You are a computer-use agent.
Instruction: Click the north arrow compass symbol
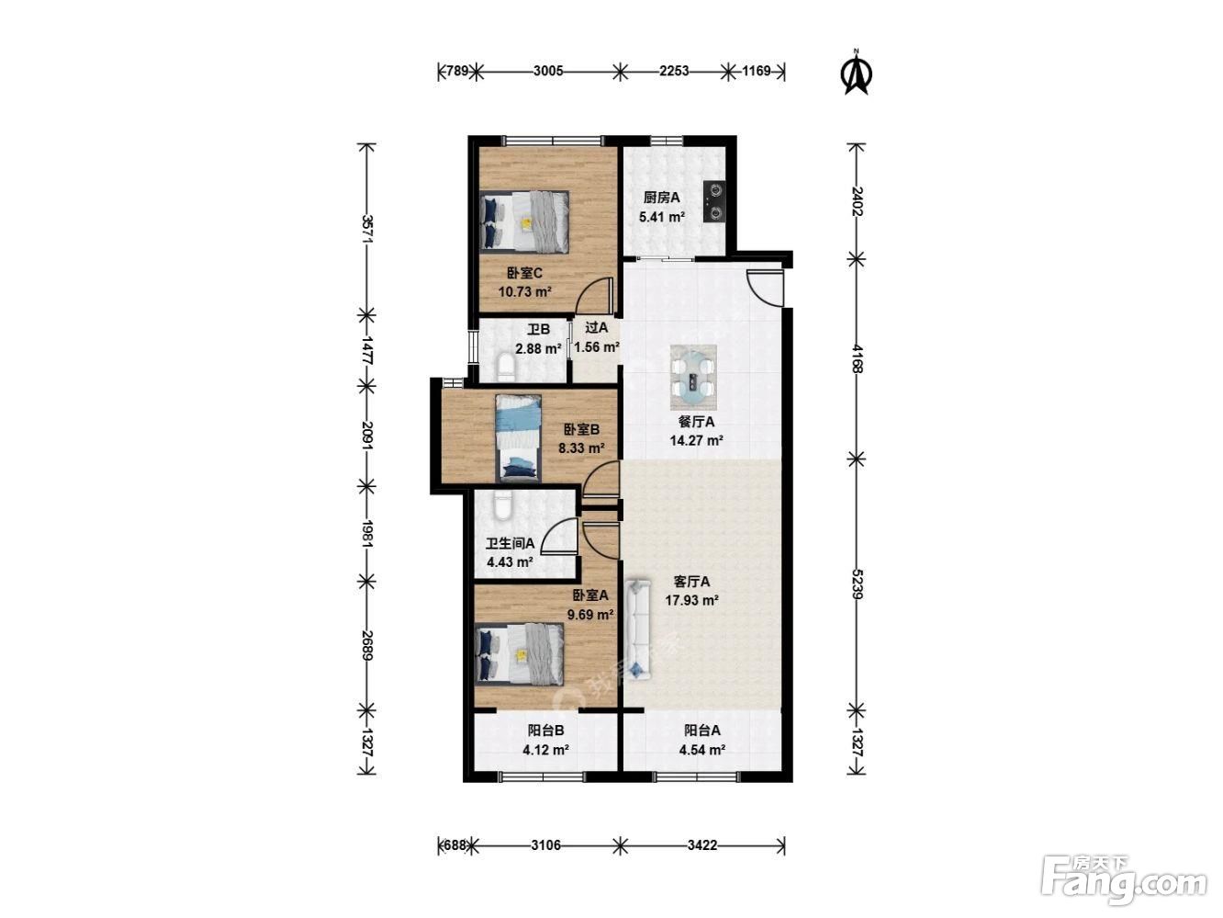857,74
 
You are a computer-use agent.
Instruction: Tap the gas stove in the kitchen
714,202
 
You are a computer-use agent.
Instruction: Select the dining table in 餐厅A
693,378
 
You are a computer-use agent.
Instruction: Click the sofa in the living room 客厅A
638,629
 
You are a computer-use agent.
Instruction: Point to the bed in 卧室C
524,221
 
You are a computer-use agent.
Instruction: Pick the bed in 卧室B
518,438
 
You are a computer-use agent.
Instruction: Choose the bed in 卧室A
519,653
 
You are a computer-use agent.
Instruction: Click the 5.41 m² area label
661,217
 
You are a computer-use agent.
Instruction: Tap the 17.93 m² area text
691,600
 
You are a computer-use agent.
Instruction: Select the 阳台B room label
545,731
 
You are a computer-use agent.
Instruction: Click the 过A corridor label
596,328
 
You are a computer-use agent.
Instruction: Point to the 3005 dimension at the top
548,71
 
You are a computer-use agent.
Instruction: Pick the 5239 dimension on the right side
857,584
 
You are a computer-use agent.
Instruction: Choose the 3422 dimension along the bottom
702,845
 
